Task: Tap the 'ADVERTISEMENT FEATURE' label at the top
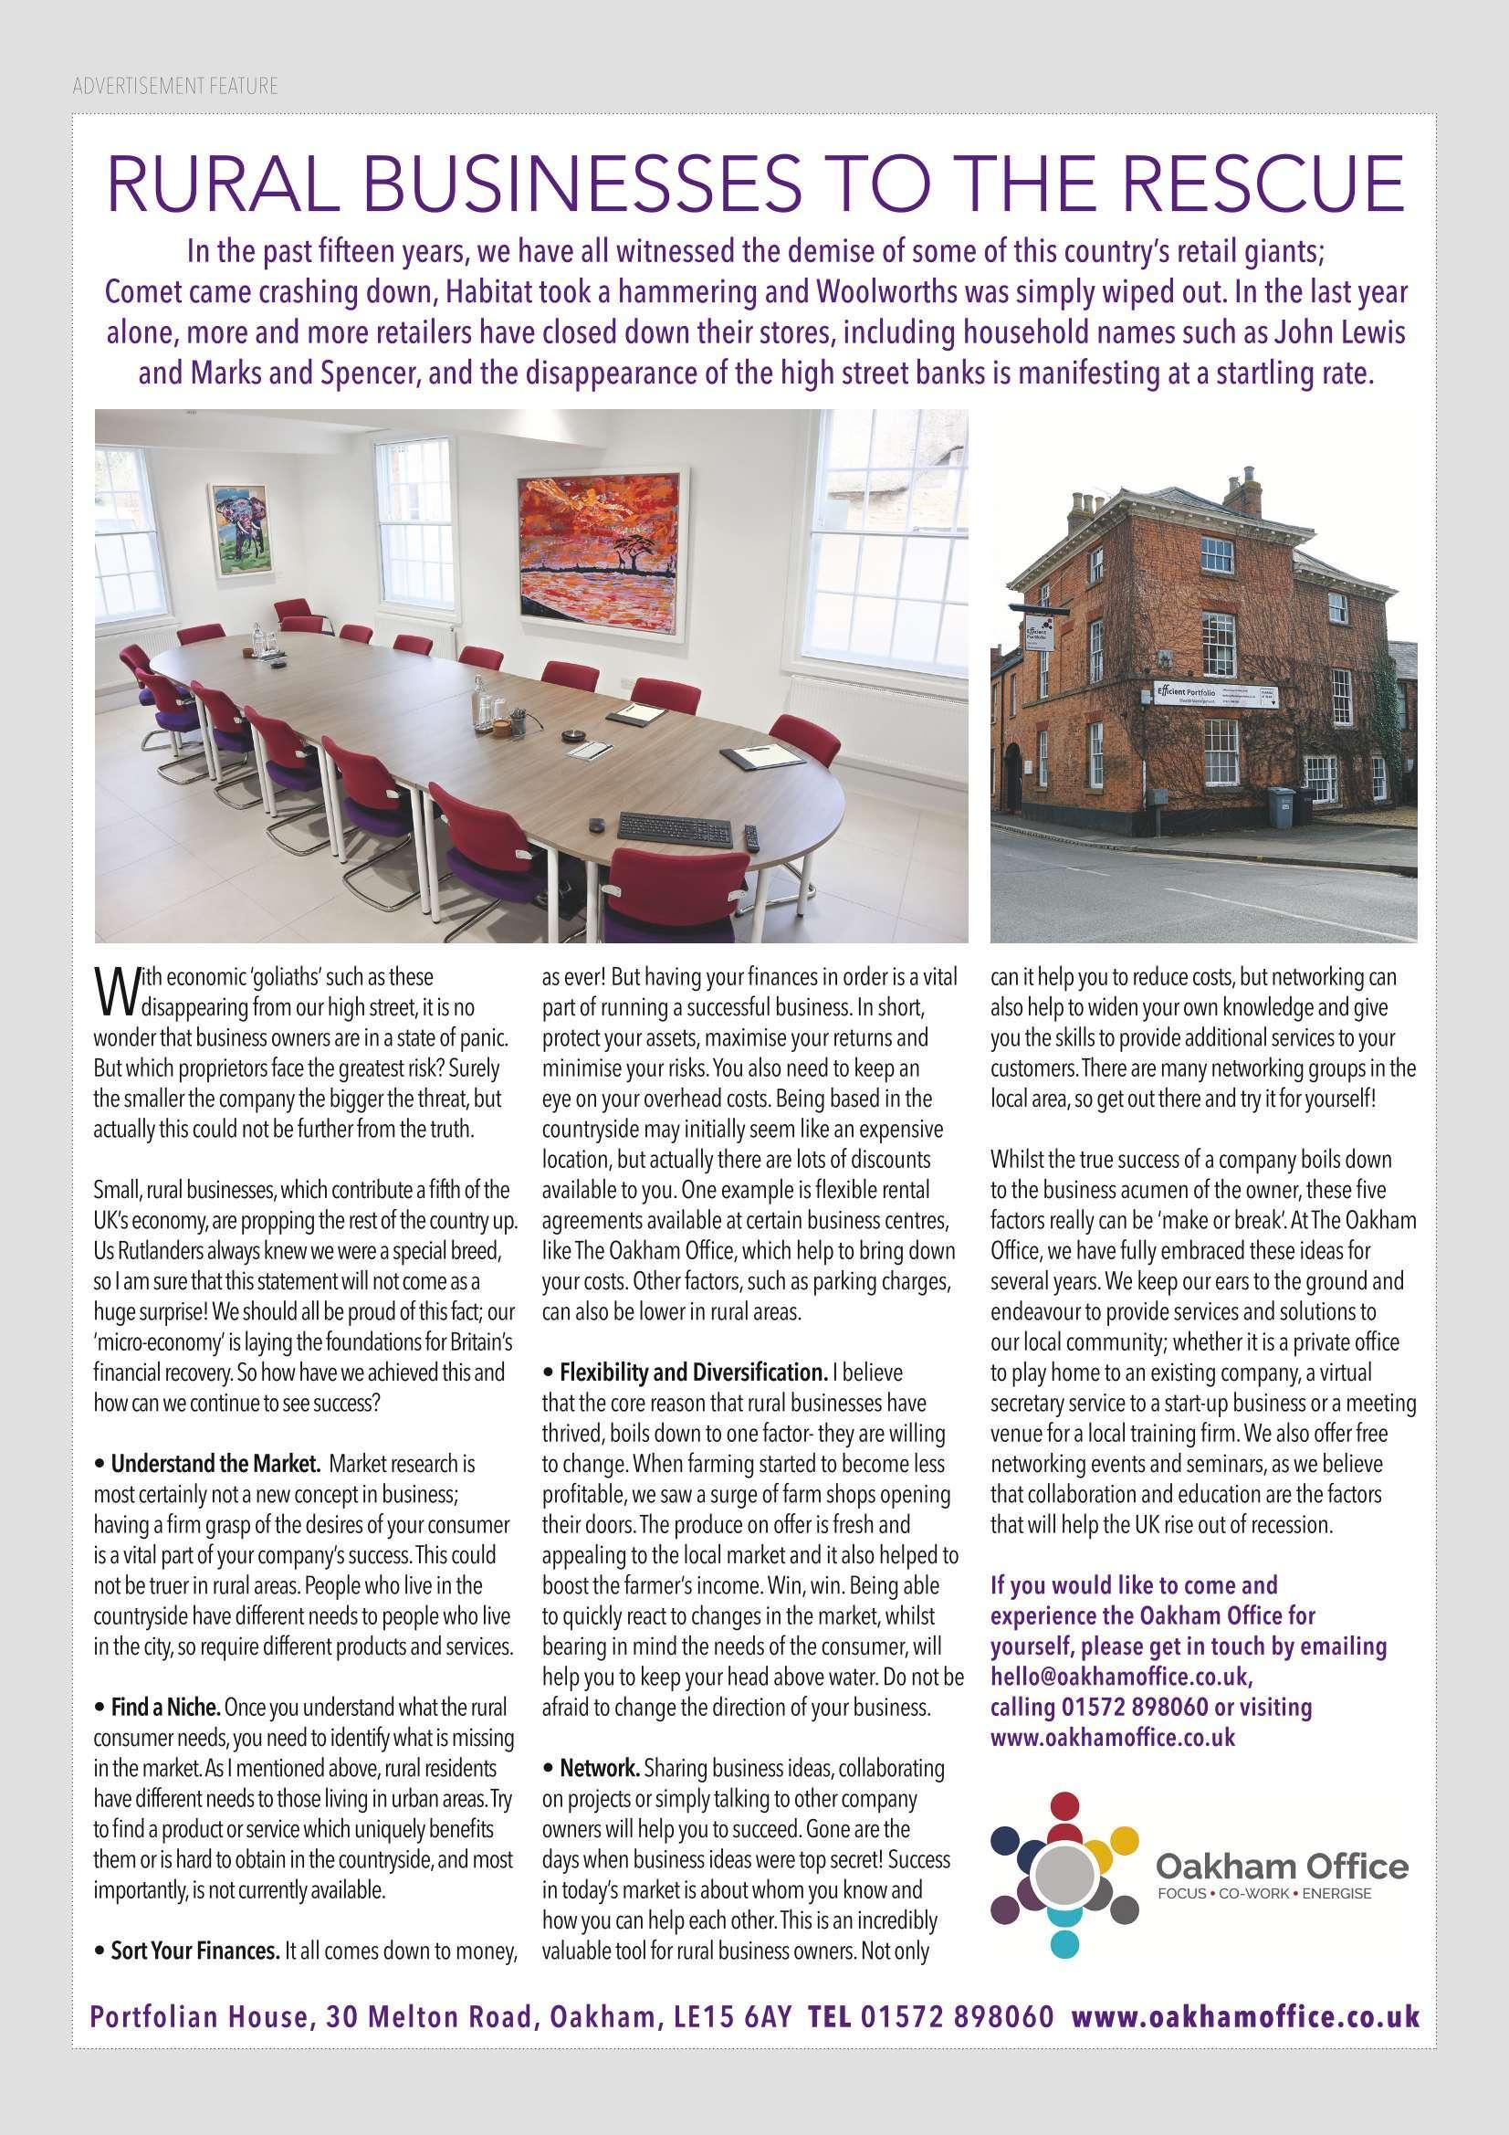(174, 87)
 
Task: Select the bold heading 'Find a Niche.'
(165, 1709)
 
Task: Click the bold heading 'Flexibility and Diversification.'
(693, 1372)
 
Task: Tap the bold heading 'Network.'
(600, 1768)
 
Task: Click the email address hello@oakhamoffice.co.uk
(1121, 1677)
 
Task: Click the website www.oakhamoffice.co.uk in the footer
(1246, 2013)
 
